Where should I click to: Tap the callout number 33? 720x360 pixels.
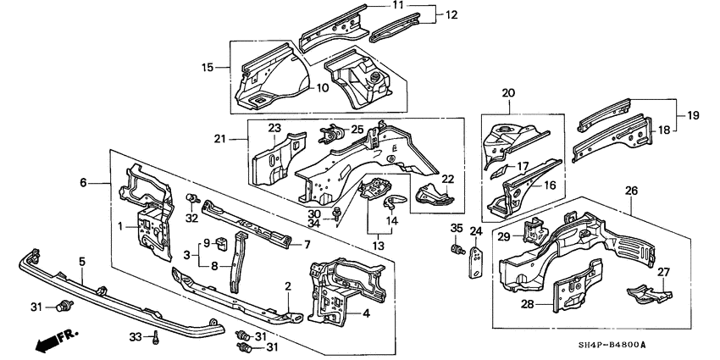[x=134, y=337]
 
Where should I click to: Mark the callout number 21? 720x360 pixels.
[x=219, y=139]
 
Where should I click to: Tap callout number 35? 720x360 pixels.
[x=455, y=228]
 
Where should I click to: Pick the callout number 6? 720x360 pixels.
[x=83, y=182]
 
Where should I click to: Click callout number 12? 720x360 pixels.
[x=451, y=14]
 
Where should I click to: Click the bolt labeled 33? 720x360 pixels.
[x=158, y=339]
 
